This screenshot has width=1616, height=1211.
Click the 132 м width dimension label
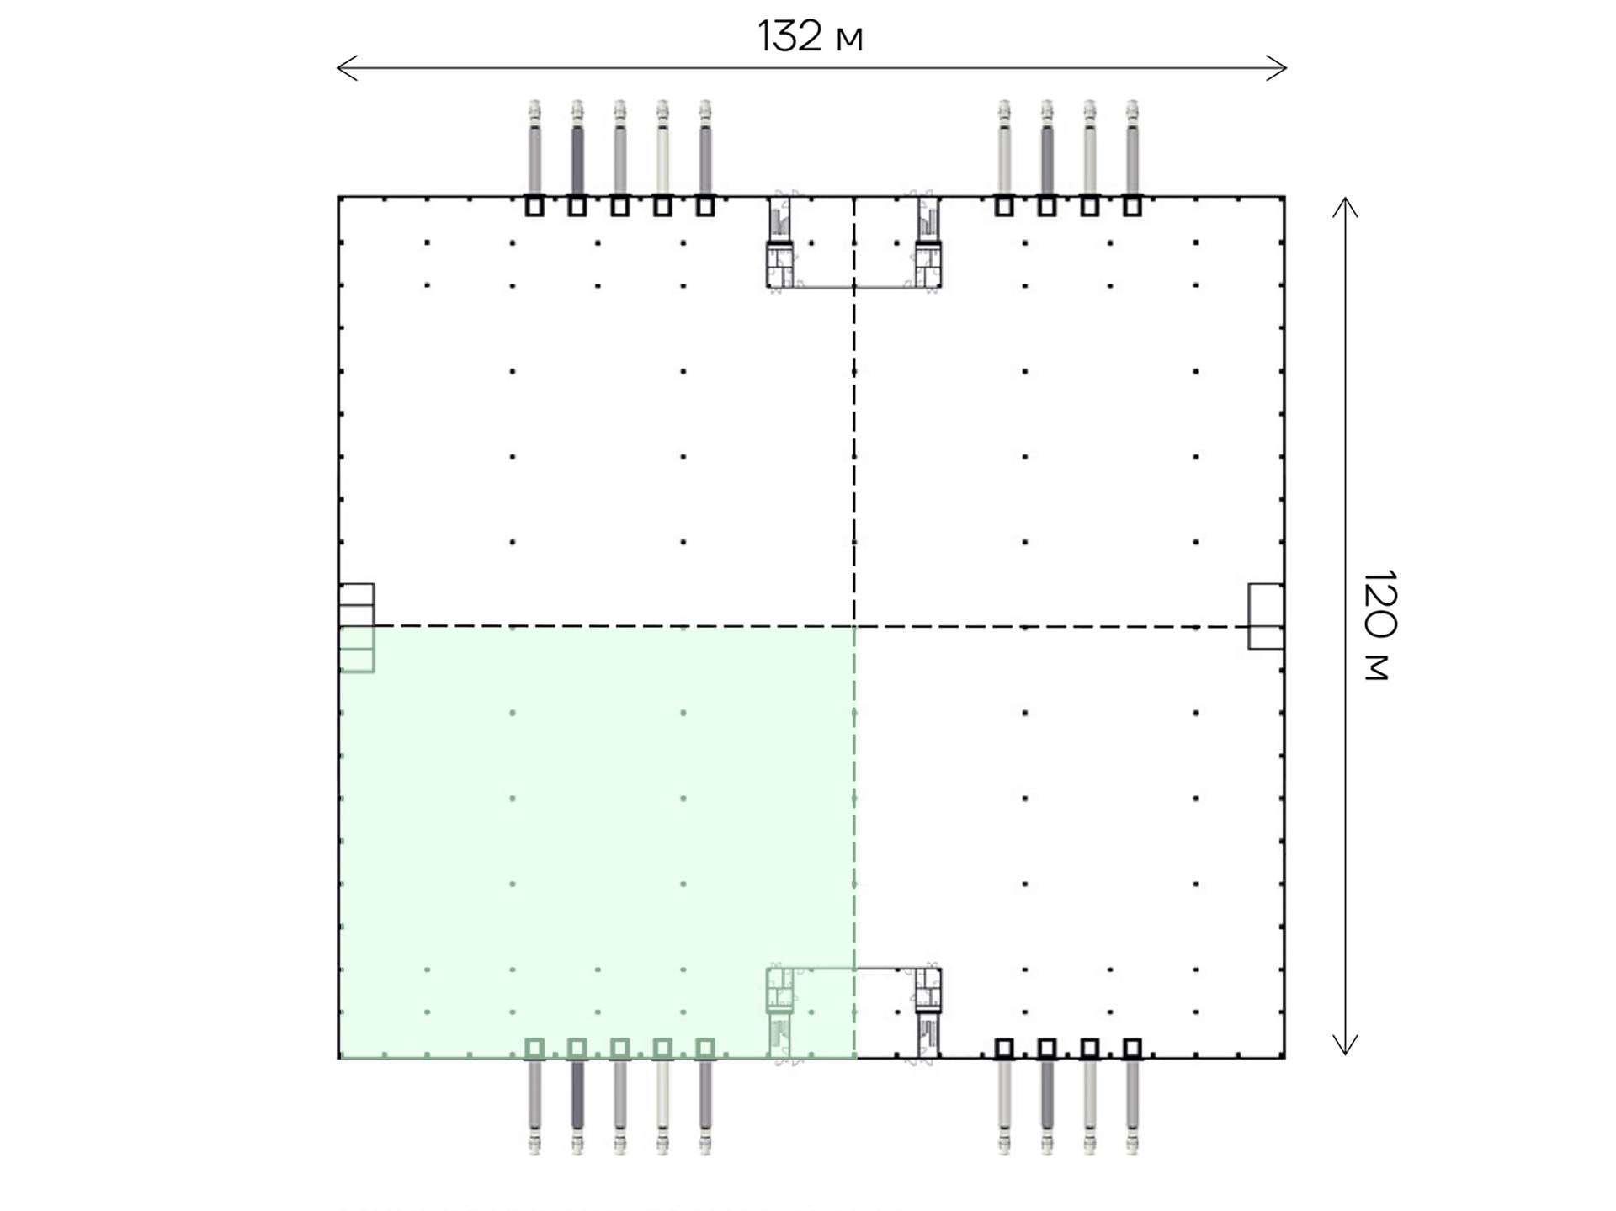(x=810, y=37)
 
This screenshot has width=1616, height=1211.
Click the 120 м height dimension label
(x=1379, y=625)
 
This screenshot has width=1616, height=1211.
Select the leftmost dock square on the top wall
(x=534, y=206)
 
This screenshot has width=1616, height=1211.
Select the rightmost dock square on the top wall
(x=1132, y=206)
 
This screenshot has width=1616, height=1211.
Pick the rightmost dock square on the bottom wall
(x=1132, y=1049)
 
